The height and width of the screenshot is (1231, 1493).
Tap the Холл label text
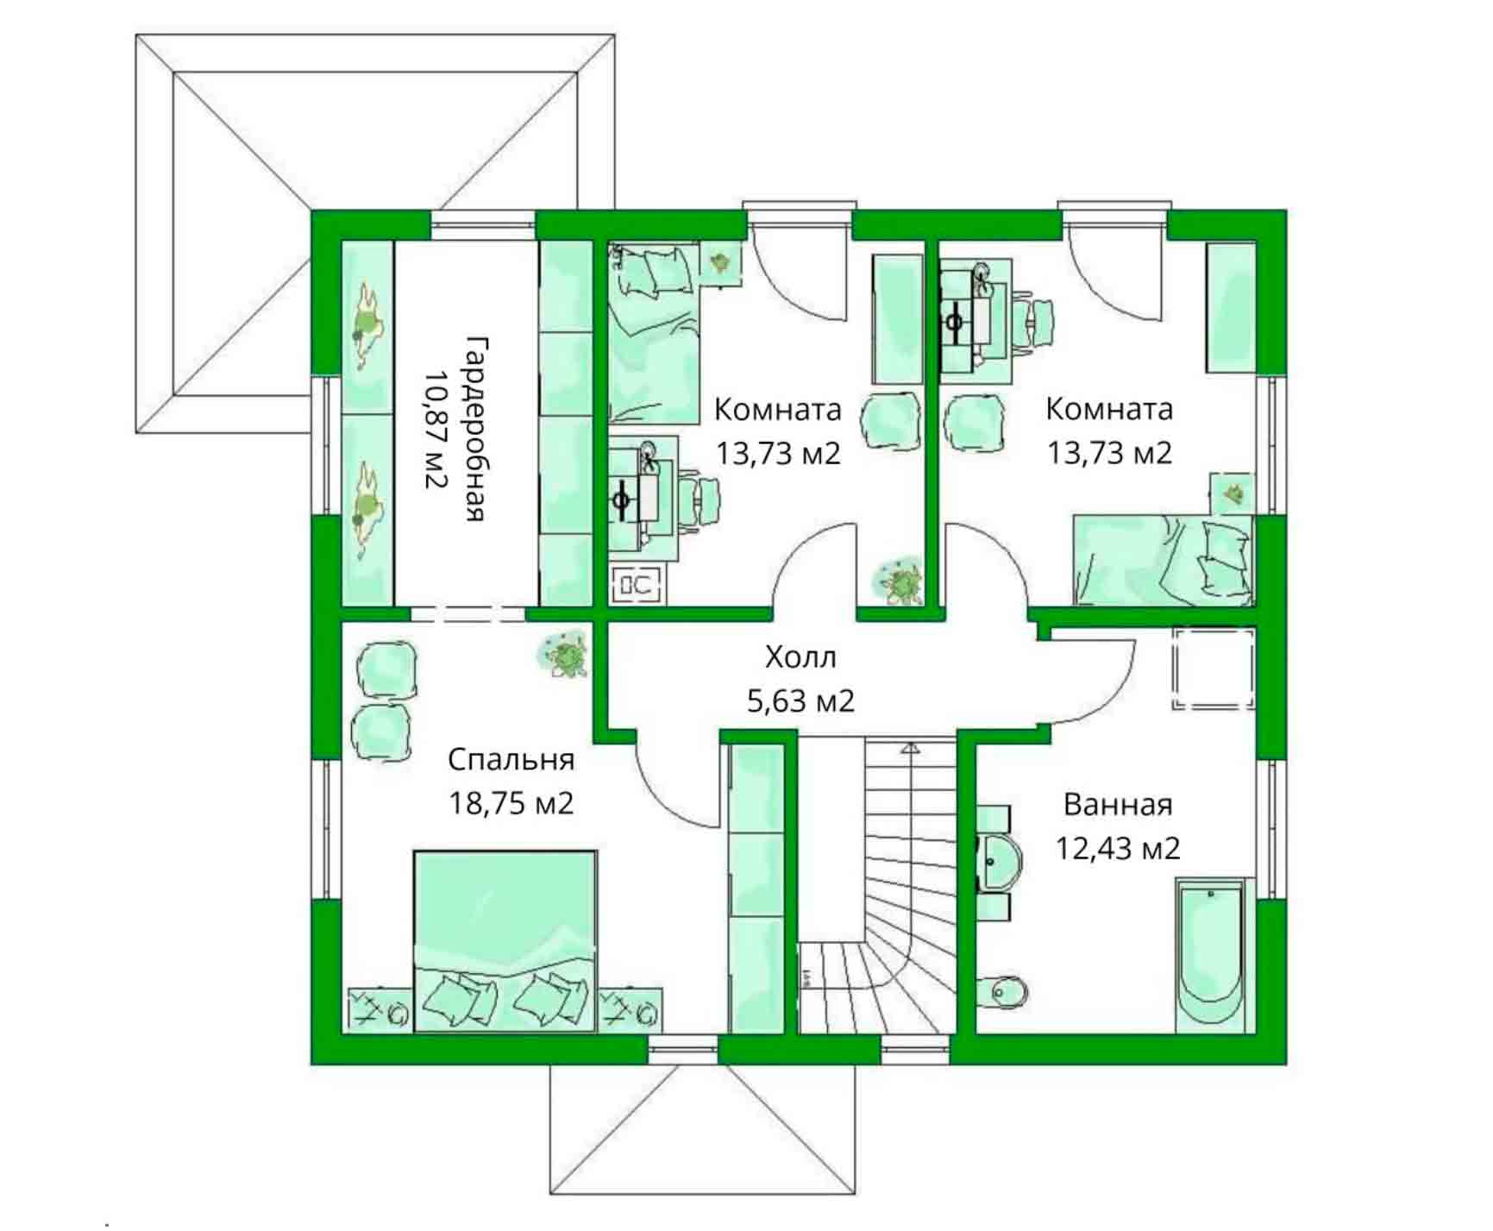800,658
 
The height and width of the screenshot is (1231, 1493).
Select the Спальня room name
511,760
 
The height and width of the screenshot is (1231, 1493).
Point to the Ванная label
1118,805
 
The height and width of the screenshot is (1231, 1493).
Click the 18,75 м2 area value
511,804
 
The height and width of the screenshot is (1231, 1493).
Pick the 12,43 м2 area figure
1118,849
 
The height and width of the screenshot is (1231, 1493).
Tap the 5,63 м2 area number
800,701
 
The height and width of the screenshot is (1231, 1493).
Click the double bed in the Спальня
505,940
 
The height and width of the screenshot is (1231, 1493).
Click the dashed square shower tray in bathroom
1213,669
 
